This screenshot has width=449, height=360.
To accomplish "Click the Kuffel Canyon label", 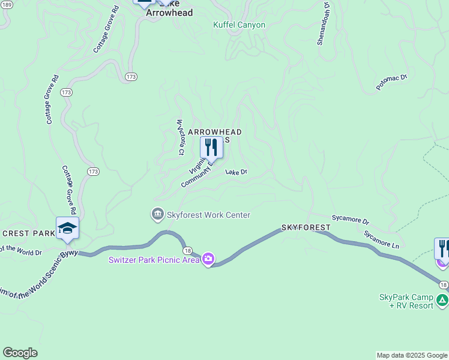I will [x=239, y=25].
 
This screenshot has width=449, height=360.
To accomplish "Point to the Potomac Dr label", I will [x=391, y=82].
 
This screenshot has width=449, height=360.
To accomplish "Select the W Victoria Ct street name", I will [x=179, y=137].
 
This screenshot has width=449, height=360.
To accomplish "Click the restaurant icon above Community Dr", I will [x=211, y=147].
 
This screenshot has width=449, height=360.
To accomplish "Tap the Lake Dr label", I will [x=237, y=172].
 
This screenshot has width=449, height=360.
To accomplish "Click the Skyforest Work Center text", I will [x=208, y=215].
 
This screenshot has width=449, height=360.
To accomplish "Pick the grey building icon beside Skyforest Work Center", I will [x=157, y=214].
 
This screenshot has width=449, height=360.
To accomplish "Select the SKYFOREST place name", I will [x=306, y=228].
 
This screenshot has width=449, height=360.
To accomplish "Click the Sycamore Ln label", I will [x=381, y=239].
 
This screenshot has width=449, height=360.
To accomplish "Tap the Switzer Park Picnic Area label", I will [x=154, y=260].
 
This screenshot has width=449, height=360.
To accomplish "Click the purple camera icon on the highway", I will [x=208, y=260].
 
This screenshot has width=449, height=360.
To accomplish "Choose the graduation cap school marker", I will [x=67, y=228].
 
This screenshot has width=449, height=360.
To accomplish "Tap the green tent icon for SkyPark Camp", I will [x=442, y=300].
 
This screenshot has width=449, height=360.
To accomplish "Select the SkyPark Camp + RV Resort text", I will [x=406, y=301].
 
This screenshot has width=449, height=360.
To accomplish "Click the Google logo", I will [x=20, y=353].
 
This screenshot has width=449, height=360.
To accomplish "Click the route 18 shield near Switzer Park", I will [x=187, y=250].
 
